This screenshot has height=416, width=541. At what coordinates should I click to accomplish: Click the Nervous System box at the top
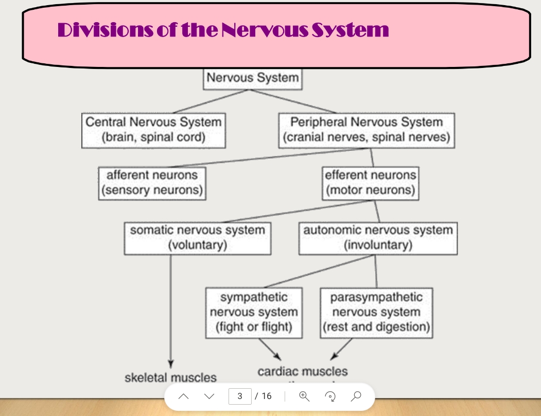[x=252, y=78]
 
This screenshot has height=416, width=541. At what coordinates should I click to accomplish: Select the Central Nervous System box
[x=153, y=130]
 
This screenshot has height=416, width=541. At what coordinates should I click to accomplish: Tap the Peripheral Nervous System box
[x=366, y=130]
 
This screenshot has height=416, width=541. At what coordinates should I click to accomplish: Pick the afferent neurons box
[x=152, y=183]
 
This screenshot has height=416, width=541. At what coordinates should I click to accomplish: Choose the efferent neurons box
[x=370, y=183]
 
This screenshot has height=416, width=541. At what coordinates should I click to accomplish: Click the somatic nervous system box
[x=198, y=237]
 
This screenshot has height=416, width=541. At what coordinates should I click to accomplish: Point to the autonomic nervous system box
[x=378, y=237]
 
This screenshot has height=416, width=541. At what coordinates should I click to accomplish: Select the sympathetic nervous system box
[x=254, y=312]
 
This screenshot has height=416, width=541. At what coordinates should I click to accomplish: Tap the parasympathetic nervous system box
[x=376, y=312]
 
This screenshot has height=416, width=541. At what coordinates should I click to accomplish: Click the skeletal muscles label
[x=170, y=378]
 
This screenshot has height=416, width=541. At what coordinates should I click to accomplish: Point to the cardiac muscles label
[x=302, y=371]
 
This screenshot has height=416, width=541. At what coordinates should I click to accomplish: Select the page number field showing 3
[x=240, y=396]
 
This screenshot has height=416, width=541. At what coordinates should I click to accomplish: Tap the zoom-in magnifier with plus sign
[x=304, y=396]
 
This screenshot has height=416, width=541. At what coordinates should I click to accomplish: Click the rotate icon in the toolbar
[x=330, y=396]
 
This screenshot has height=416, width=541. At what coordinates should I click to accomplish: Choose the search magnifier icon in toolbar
[x=356, y=395]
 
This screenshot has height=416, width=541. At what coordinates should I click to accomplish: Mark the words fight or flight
[x=254, y=327]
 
